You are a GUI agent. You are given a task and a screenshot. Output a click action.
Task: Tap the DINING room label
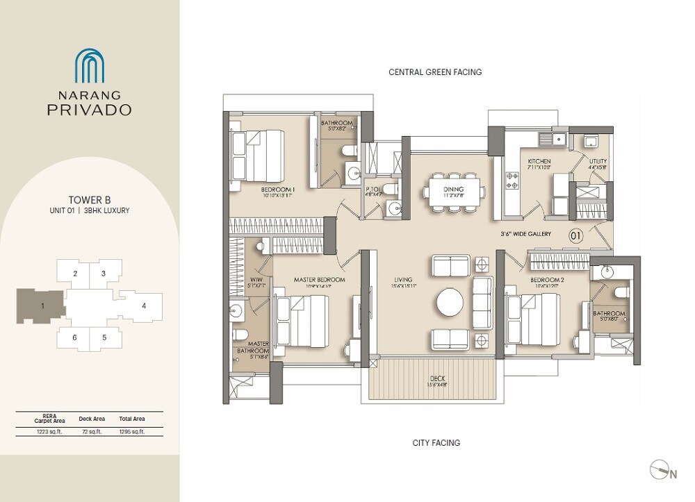tap(453, 189)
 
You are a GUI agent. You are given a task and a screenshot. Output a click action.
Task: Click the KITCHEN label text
tap(519, 163)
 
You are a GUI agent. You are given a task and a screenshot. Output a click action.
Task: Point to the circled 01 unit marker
tap(575, 235)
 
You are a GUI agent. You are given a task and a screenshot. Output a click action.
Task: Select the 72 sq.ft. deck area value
tap(91, 431)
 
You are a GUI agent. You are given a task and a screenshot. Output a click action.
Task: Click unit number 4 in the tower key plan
tap(143, 306)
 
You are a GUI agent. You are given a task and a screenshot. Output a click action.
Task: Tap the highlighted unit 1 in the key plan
tap(42, 306)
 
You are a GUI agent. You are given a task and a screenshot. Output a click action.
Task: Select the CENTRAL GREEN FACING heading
tap(435, 72)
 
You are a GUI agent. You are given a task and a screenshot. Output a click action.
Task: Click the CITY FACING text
tap(435, 443)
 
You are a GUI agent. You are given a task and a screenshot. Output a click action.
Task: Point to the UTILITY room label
tap(597, 163)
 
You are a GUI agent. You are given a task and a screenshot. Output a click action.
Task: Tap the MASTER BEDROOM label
tap(319, 281)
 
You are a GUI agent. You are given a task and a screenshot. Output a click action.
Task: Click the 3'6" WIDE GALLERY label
tap(525, 235)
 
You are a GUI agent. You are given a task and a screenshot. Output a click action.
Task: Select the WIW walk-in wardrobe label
tap(256, 281)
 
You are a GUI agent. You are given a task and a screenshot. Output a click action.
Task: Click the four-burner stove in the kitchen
tap(514, 182)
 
